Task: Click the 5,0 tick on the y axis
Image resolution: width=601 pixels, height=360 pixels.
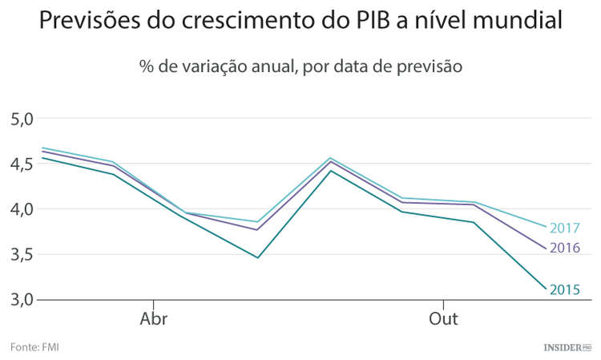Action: (x=22, y=119)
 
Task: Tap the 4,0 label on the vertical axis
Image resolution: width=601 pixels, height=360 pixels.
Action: (x=22, y=209)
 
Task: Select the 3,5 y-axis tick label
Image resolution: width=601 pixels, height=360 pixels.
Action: (x=22, y=255)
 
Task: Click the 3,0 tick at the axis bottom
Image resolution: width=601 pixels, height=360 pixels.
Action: (x=22, y=300)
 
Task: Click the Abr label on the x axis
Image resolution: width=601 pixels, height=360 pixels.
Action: (x=154, y=319)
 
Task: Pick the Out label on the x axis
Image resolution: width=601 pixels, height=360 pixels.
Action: (x=443, y=319)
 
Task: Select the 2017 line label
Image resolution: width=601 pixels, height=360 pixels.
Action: (x=565, y=229)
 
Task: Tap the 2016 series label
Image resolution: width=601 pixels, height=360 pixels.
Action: (x=565, y=249)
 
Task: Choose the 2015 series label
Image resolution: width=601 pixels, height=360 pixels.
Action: (x=565, y=289)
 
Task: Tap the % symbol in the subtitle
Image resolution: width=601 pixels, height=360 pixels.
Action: (x=146, y=68)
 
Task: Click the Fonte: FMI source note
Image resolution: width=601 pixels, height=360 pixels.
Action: (x=34, y=347)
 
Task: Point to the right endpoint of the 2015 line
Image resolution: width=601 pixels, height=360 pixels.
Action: (x=546, y=289)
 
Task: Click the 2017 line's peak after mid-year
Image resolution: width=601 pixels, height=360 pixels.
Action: (x=330, y=158)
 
